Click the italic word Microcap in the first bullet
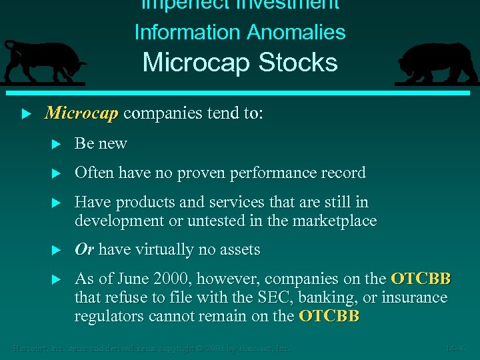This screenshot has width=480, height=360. [81, 113]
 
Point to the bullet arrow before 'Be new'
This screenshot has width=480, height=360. [57, 144]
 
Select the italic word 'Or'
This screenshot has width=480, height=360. [84, 250]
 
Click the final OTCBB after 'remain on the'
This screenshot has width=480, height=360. [329, 316]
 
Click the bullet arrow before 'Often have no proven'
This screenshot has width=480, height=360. [57, 173]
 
